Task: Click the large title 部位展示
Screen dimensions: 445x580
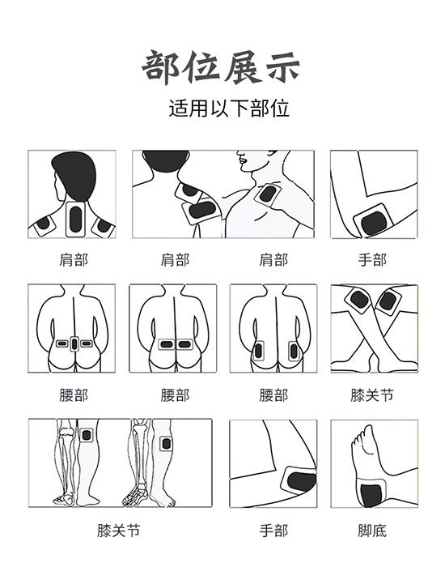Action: (221, 68)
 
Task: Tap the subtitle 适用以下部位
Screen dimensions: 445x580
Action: (229, 108)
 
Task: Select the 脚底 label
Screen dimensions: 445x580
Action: (372, 531)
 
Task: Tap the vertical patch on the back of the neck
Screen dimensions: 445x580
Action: (75, 219)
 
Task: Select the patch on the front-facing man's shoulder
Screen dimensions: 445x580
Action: (269, 194)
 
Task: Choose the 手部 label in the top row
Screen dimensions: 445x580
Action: (372, 260)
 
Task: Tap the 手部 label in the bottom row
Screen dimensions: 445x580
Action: (273, 531)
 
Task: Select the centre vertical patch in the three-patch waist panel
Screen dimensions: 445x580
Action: (74, 344)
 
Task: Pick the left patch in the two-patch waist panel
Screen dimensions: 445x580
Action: (167, 344)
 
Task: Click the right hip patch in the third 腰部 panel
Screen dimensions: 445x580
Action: (294, 351)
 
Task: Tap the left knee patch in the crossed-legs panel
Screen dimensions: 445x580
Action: (358, 301)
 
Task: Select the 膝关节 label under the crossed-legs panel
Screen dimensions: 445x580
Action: (372, 395)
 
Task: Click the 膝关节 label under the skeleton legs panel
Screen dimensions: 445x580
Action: (119, 531)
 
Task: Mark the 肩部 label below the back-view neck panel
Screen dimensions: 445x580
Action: (74, 260)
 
